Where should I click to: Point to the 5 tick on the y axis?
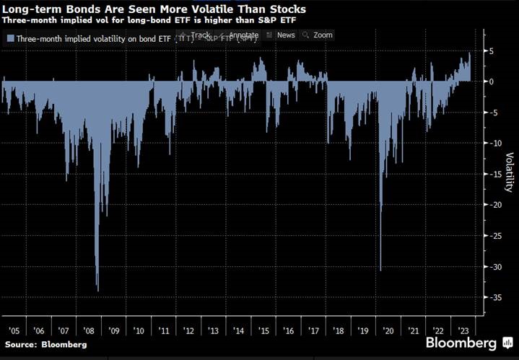pos(490,52)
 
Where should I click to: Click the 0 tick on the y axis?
pos(490,82)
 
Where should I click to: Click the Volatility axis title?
pos(509,172)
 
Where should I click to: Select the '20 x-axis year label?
pos(388,330)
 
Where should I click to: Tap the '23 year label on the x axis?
pos(463,330)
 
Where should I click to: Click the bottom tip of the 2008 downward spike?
pos(97,291)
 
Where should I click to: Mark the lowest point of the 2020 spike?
pos(380,271)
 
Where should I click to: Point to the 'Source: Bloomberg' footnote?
pos(45,345)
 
